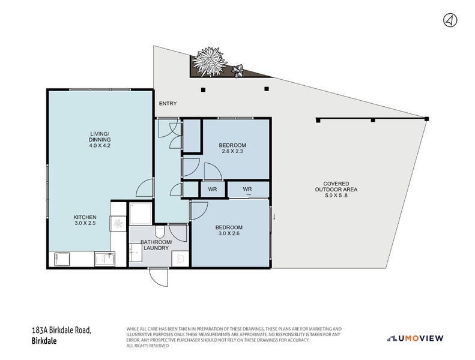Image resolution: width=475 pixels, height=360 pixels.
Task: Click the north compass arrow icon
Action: [449, 20]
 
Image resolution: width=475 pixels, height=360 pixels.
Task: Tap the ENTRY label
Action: [168, 104]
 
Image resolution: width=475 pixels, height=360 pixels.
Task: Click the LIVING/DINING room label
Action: [99, 139]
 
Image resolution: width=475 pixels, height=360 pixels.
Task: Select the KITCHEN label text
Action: [85, 217]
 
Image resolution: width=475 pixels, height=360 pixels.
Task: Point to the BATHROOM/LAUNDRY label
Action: [156, 245]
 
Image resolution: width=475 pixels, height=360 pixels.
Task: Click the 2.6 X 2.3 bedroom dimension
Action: [232, 152]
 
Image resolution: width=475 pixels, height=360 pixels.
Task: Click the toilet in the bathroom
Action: [160, 231]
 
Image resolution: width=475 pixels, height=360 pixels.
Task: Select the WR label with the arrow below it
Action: [247, 189]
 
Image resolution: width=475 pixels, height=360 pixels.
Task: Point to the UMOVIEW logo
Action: [416, 338]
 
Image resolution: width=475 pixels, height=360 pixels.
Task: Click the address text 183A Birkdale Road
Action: [61, 331]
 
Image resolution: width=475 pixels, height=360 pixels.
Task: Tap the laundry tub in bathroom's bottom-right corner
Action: [179, 258]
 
